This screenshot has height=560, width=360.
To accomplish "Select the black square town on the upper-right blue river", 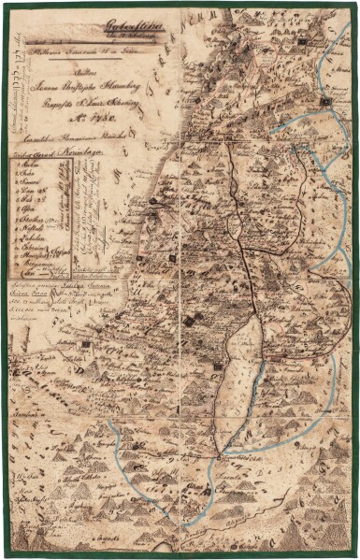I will [324, 100].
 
